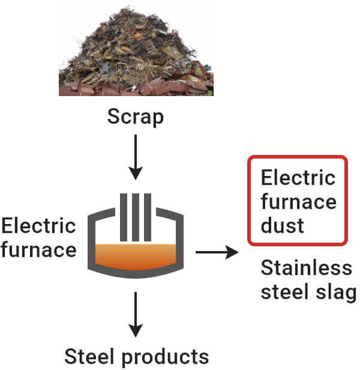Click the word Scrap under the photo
click(135, 116)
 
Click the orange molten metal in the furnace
click(135, 255)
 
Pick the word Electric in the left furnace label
click(38, 226)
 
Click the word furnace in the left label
click(38, 249)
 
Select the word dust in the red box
click(282, 225)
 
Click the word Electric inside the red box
click(298, 178)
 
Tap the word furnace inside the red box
click(298, 202)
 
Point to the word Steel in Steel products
click(89, 354)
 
